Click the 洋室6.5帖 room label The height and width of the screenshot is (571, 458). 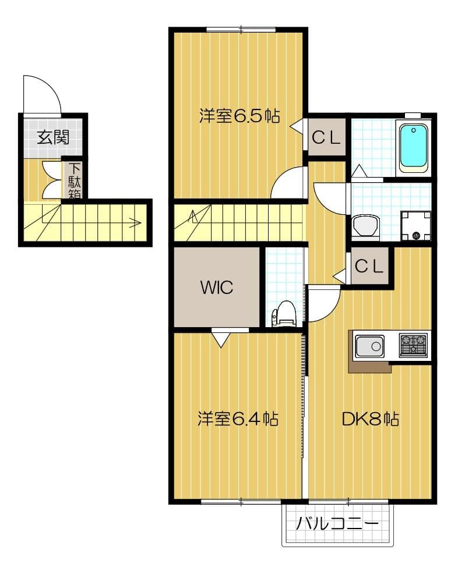pyautogui.click(x=239, y=116)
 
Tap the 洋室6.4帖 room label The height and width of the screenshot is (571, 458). pyautogui.click(x=237, y=419)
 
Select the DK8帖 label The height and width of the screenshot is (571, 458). pyautogui.click(x=370, y=419)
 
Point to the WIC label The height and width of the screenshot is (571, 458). pyautogui.click(x=217, y=287)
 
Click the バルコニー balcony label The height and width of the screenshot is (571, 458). pyautogui.click(x=337, y=524)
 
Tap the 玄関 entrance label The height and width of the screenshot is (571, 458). pyautogui.click(x=53, y=137)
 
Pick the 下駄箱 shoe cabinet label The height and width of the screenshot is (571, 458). pyautogui.click(x=75, y=179)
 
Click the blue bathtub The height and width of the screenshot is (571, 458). pyautogui.click(x=413, y=146)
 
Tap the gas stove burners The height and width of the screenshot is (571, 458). pyautogui.click(x=413, y=344)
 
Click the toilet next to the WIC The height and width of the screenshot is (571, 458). pyautogui.click(x=284, y=313)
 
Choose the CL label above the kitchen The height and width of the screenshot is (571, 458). pyautogui.click(x=369, y=267)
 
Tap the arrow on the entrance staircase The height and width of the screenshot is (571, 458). pyautogui.click(x=135, y=222)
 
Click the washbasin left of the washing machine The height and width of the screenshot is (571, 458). pyautogui.click(x=366, y=225)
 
